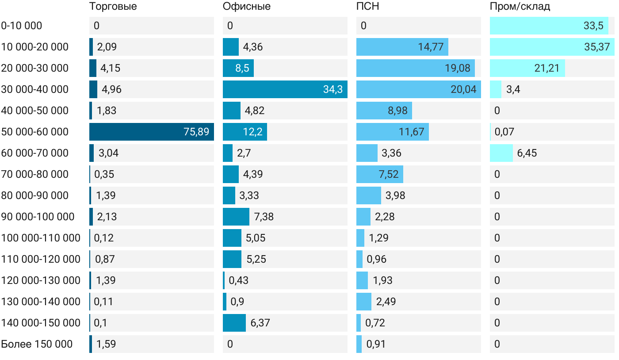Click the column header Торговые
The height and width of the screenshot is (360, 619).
tap(113, 7)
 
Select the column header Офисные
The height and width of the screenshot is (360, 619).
tap(247, 7)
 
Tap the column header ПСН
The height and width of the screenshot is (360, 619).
tap(368, 7)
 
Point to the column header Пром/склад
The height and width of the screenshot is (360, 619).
tap(520, 7)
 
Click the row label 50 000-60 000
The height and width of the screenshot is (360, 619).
tap(35, 132)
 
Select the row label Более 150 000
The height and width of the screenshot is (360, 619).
tap(37, 344)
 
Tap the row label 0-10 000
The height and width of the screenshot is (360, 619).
tap(22, 26)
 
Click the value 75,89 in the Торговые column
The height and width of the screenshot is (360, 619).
tap(196, 132)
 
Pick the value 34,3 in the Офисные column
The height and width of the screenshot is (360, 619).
tap(333, 89)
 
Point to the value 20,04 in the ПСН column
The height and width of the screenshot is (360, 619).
tap(463, 89)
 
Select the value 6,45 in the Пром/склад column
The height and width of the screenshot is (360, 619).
tap(527, 153)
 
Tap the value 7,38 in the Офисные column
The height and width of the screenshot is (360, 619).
tap(264, 217)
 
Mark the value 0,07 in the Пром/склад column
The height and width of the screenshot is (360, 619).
tap(504, 132)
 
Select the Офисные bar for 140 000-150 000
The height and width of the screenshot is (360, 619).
tap(234, 323)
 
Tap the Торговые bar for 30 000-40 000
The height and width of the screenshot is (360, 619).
tap(93, 89)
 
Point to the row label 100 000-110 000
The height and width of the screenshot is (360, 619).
tap(41, 238)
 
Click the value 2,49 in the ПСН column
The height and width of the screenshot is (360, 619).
tap(386, 302)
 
